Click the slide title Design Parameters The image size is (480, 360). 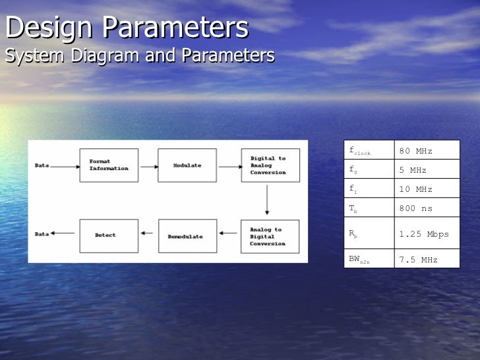pos(127,28)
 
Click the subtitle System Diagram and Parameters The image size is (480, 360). pos(139,56)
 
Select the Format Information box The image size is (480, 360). pos(109,165)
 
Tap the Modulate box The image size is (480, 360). pos(187,165)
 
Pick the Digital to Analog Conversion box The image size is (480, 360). pos(270,165)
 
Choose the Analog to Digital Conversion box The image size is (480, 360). pos(270,236)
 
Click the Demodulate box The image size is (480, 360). pos(187,236)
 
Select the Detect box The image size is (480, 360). pos(109,235)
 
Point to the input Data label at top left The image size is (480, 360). pos(42,165)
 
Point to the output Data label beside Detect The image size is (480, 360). pos(42,234)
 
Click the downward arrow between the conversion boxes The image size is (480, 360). pos(267,200)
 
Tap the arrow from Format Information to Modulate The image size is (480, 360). pos(148,166)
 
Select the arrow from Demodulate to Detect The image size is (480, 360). pos(148,232)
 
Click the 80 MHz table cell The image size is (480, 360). pos(426,150)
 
